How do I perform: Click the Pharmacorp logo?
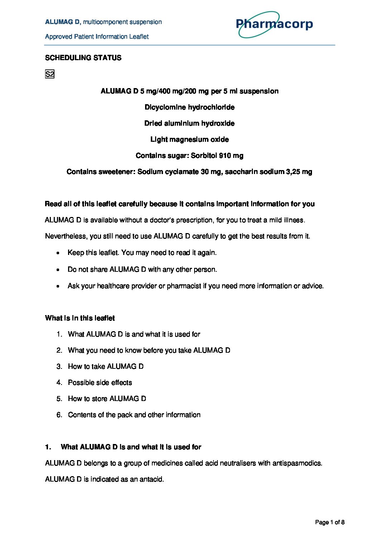click(274, 24)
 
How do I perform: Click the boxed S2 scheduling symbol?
click(49, 74)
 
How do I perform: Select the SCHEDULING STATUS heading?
click(83, 58)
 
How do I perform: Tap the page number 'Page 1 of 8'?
click(330, 522)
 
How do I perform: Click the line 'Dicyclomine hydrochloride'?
click(189, 107)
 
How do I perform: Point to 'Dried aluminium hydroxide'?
click(189, 123)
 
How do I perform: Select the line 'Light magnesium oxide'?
click(189, 139)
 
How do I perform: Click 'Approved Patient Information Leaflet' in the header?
click(97, 37)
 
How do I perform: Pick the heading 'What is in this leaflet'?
click(80, 318)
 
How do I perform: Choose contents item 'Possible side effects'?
click(100, 382)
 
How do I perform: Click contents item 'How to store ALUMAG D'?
click(107, 399)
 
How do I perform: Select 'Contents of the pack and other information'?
click(134, 415)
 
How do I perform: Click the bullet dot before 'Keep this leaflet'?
click(58, 253)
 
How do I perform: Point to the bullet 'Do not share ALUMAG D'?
click(142, 269)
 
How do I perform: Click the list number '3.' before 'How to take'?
click(59, 366)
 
